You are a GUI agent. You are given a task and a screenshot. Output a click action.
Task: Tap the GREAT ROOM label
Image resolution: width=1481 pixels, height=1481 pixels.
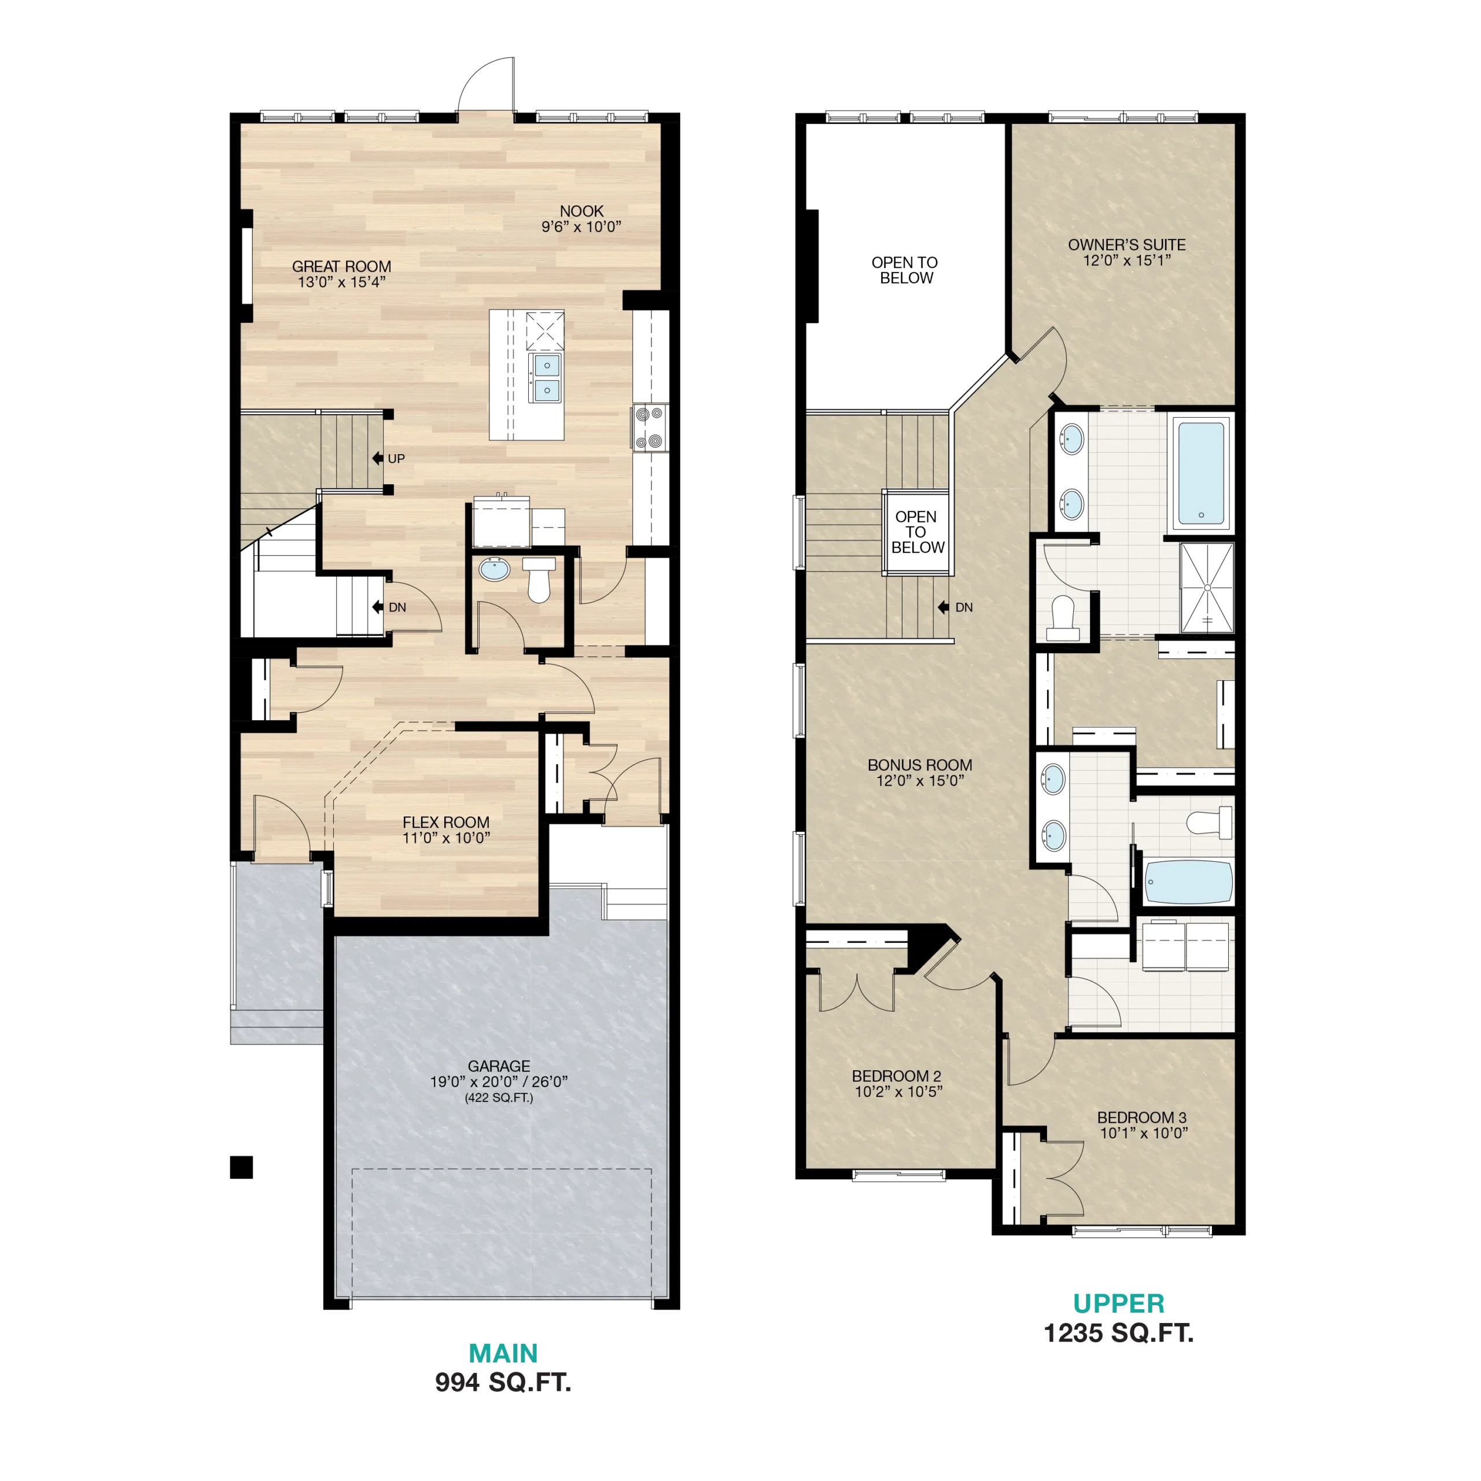(341, 266)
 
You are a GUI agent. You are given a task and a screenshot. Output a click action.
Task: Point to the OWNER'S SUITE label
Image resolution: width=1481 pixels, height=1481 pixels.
(1126, 245)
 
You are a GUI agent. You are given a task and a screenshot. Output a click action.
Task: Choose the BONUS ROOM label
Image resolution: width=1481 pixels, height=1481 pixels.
(919, 765)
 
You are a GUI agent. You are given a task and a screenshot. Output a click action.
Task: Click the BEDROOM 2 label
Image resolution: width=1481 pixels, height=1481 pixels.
(896, 1076)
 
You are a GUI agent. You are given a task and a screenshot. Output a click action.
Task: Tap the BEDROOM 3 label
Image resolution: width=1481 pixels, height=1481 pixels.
(1141, 1118)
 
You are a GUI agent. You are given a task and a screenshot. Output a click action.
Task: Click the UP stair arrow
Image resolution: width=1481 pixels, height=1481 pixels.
(378, 458)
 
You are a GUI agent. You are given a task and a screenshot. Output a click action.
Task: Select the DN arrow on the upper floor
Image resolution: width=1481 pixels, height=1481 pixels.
(943, 607)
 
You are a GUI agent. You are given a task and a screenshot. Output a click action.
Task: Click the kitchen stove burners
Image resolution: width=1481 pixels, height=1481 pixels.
(649, 428)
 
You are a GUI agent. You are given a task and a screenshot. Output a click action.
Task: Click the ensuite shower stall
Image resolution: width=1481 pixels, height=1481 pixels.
(1207, 588)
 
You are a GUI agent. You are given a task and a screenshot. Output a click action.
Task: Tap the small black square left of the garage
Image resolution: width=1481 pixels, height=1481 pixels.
(241, 1167)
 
